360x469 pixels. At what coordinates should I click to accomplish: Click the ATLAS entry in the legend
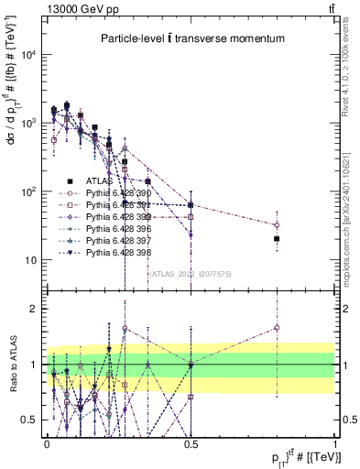point(98,181)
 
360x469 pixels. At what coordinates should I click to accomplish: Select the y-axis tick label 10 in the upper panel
point(29,260)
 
